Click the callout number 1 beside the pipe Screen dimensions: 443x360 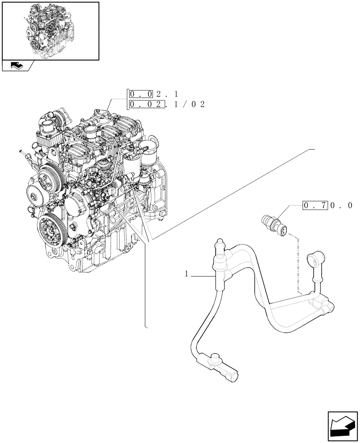(x=187, y=275)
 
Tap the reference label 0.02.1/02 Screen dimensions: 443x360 (x=167, y=105)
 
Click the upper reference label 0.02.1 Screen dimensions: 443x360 (x=153, y=94)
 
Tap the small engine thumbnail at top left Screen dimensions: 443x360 (x=50, y=31)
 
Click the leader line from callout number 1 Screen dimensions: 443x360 (x=204, y=276)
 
